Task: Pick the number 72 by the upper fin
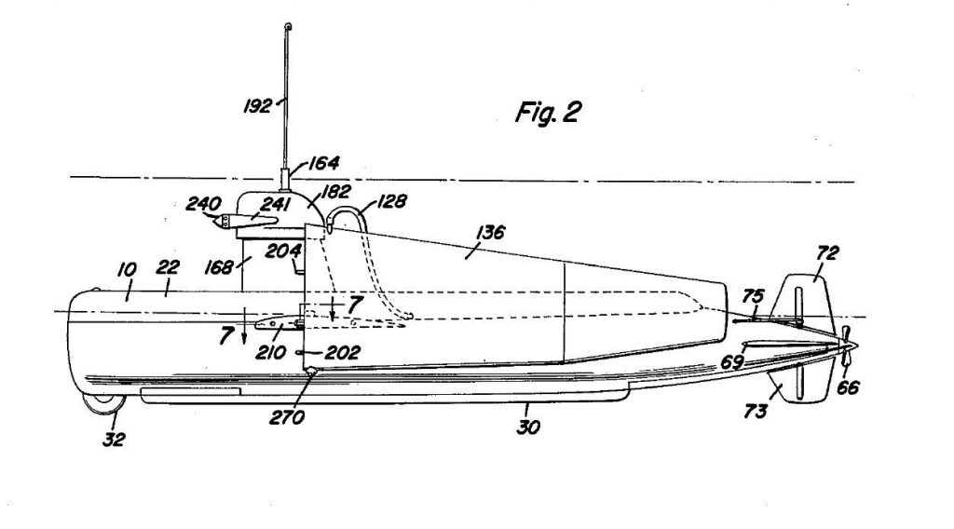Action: tap(827, 251)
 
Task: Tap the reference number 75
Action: tap(753, 298)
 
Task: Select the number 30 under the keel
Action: tap(528, 429)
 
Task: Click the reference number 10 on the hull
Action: tap(126, 269)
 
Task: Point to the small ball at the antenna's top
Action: tap(288, 25)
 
